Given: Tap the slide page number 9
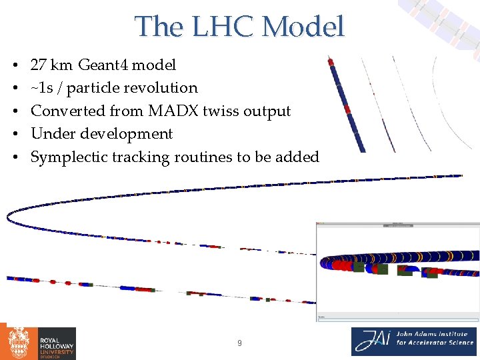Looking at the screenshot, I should click(240, 343).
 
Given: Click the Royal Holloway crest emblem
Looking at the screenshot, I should click(18, 343).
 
